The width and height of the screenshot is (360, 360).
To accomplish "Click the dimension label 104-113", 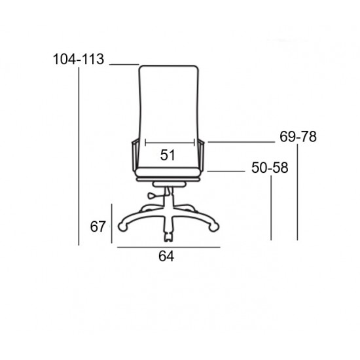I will coord(79,60).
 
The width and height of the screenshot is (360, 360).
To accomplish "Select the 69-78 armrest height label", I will coord(298,137).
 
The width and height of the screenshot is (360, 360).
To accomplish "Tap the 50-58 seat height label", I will coord(270,168).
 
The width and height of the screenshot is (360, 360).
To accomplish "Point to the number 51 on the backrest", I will coord(168,155).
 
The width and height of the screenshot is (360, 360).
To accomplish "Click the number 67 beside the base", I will coord(98,226).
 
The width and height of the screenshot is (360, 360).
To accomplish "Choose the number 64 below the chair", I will coord(166,257).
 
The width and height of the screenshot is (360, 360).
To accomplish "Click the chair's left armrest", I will coord(135,156).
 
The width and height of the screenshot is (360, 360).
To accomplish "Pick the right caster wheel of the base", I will coord(214,226).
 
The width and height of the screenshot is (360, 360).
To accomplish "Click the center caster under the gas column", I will coord(169,233).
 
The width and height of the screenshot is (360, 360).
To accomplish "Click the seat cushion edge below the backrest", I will coord(168,175).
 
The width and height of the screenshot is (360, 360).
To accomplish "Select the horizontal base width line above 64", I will coord(168,247).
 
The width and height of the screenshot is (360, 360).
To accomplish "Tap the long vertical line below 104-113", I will coord(79,157).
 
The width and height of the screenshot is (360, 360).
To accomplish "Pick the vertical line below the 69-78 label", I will coord(298,193).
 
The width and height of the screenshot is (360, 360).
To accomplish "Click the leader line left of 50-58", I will coord(226,171).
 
